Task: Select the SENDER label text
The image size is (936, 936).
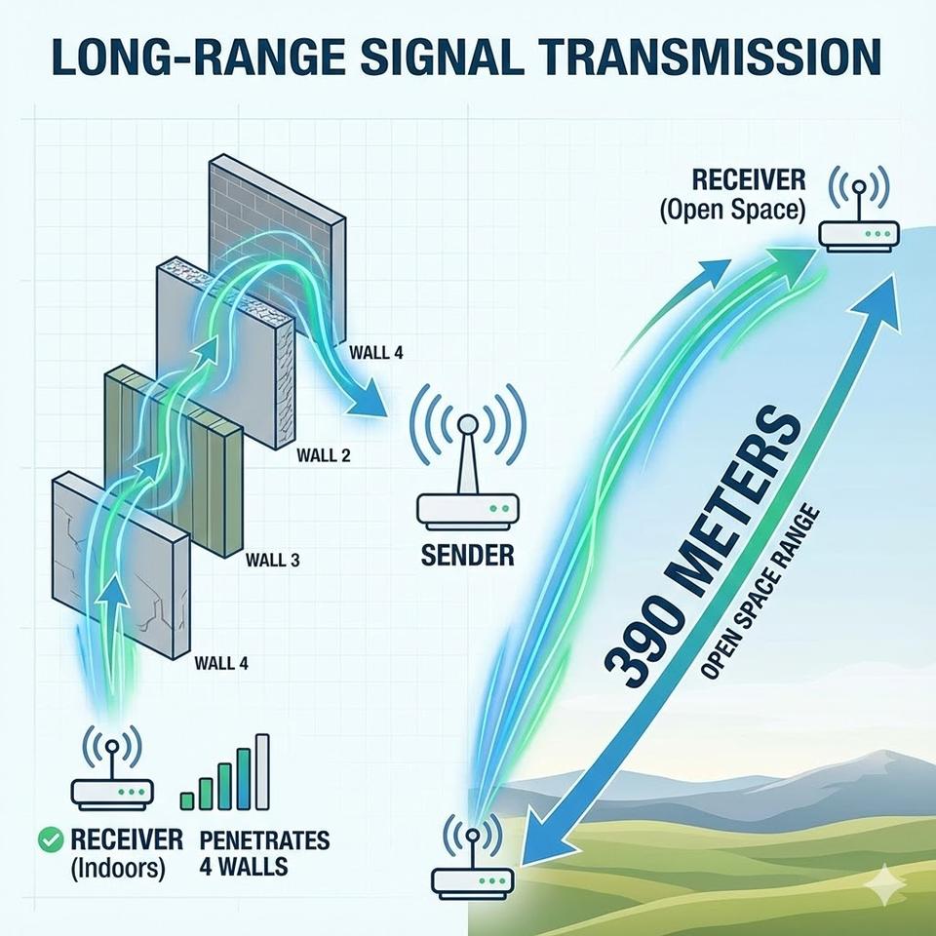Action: (x=467, y=557)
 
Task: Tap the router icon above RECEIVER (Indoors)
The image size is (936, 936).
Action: (x=113, y=770)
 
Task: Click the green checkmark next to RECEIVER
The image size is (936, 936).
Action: (x=44, y=839)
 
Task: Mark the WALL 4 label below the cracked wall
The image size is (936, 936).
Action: (x=222, y=664)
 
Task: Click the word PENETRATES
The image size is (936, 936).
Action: (x=264, y=840)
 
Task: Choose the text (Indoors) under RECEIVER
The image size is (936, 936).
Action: (x=118, y=868)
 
